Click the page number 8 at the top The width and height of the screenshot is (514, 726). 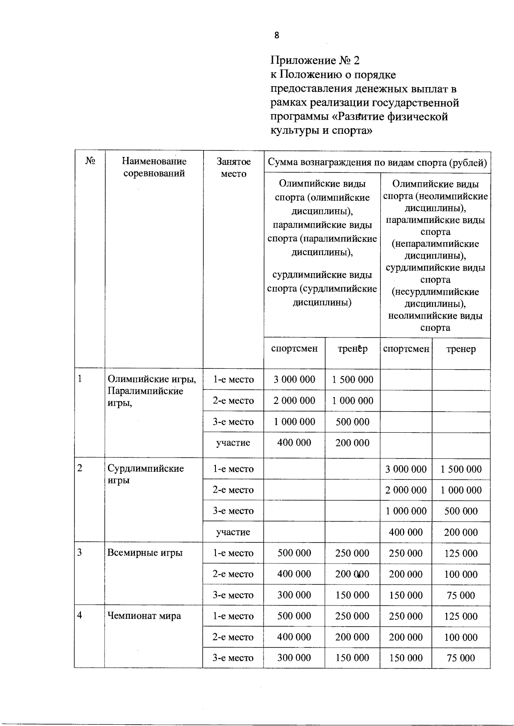click(x=277, y=36)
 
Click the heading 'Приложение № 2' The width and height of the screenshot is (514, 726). click(x=315, y=60)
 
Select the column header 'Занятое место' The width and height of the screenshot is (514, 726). click(x=233, y=168)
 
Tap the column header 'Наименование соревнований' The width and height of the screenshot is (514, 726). click(x=154, y=167)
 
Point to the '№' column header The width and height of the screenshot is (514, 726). click(x=90, y=161)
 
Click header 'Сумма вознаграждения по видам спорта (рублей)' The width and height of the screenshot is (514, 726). click(x=377, y=163)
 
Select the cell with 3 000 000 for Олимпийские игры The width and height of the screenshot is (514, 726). click(x=294, y=380)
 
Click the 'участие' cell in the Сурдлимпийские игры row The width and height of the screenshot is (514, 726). click(x=233, y=532)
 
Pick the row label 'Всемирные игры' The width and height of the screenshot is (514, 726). click(x=145, y=553)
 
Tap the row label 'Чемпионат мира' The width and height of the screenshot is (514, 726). click(x=144, y=616)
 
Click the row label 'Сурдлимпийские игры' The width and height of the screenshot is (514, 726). click(x=146, y=474)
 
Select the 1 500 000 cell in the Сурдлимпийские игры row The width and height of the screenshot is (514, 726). click(x=461, y=469)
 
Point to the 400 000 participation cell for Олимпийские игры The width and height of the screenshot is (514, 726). click(x=294, y=443)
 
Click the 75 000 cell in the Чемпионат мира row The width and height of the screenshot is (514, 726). click(x=461, y=658)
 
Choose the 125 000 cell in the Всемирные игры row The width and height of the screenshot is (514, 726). click(x=461, y=554)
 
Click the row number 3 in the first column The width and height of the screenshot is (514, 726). click(x=80, y=553)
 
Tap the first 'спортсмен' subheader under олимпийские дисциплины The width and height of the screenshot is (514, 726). click(x=294, y=349)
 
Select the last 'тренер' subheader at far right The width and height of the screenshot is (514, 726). click(x=461, y=349)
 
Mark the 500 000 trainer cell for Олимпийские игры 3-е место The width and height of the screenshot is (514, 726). click(x=353, y=422)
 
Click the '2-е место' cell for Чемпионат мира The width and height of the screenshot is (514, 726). click(x=233, y=637)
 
